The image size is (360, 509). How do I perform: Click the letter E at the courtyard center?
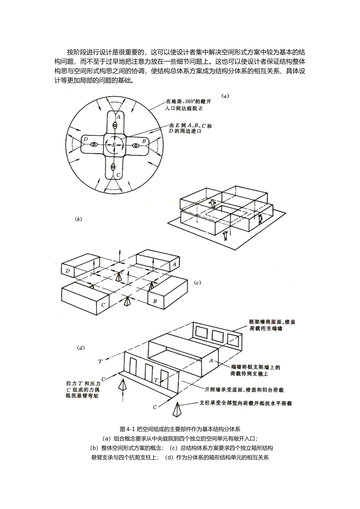(114, 145)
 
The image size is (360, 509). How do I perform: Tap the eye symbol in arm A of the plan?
(114, 125)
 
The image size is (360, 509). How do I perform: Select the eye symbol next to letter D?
(94, 145)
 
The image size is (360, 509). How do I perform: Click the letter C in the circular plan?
(118, 175)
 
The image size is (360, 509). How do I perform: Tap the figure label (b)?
(79, 219)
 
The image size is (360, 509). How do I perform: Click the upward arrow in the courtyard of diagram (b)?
(213, 204)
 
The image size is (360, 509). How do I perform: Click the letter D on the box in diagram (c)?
(67, 271)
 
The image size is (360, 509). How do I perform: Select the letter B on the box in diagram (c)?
(155, 301)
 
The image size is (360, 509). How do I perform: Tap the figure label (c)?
(197, 282)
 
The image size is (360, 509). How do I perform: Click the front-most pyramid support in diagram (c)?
(127, 302)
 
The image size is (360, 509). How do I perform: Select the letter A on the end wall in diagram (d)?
(211, 361)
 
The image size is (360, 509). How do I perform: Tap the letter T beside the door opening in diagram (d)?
(155, 379)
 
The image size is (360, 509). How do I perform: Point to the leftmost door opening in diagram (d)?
(133, 367)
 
